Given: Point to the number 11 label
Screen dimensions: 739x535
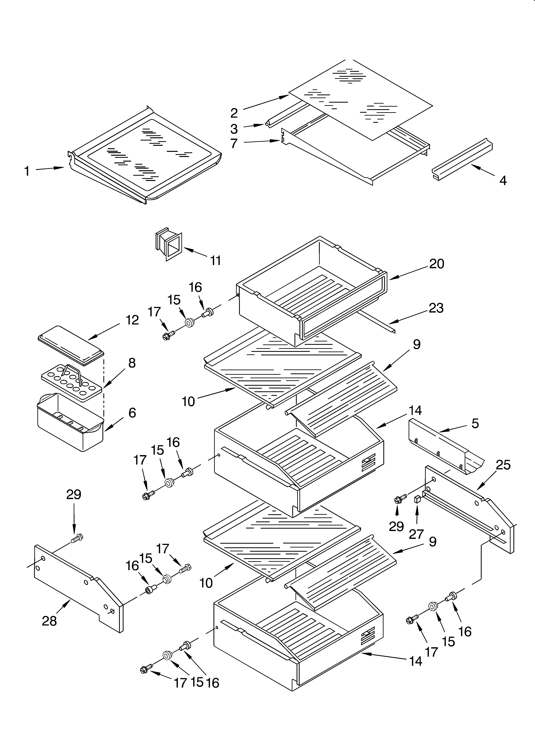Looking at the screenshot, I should click(x=215, y=261).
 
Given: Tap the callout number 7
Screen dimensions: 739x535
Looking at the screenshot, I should click(x=234, y=143).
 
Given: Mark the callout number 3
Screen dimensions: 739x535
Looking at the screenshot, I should click(x=234, y=129).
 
